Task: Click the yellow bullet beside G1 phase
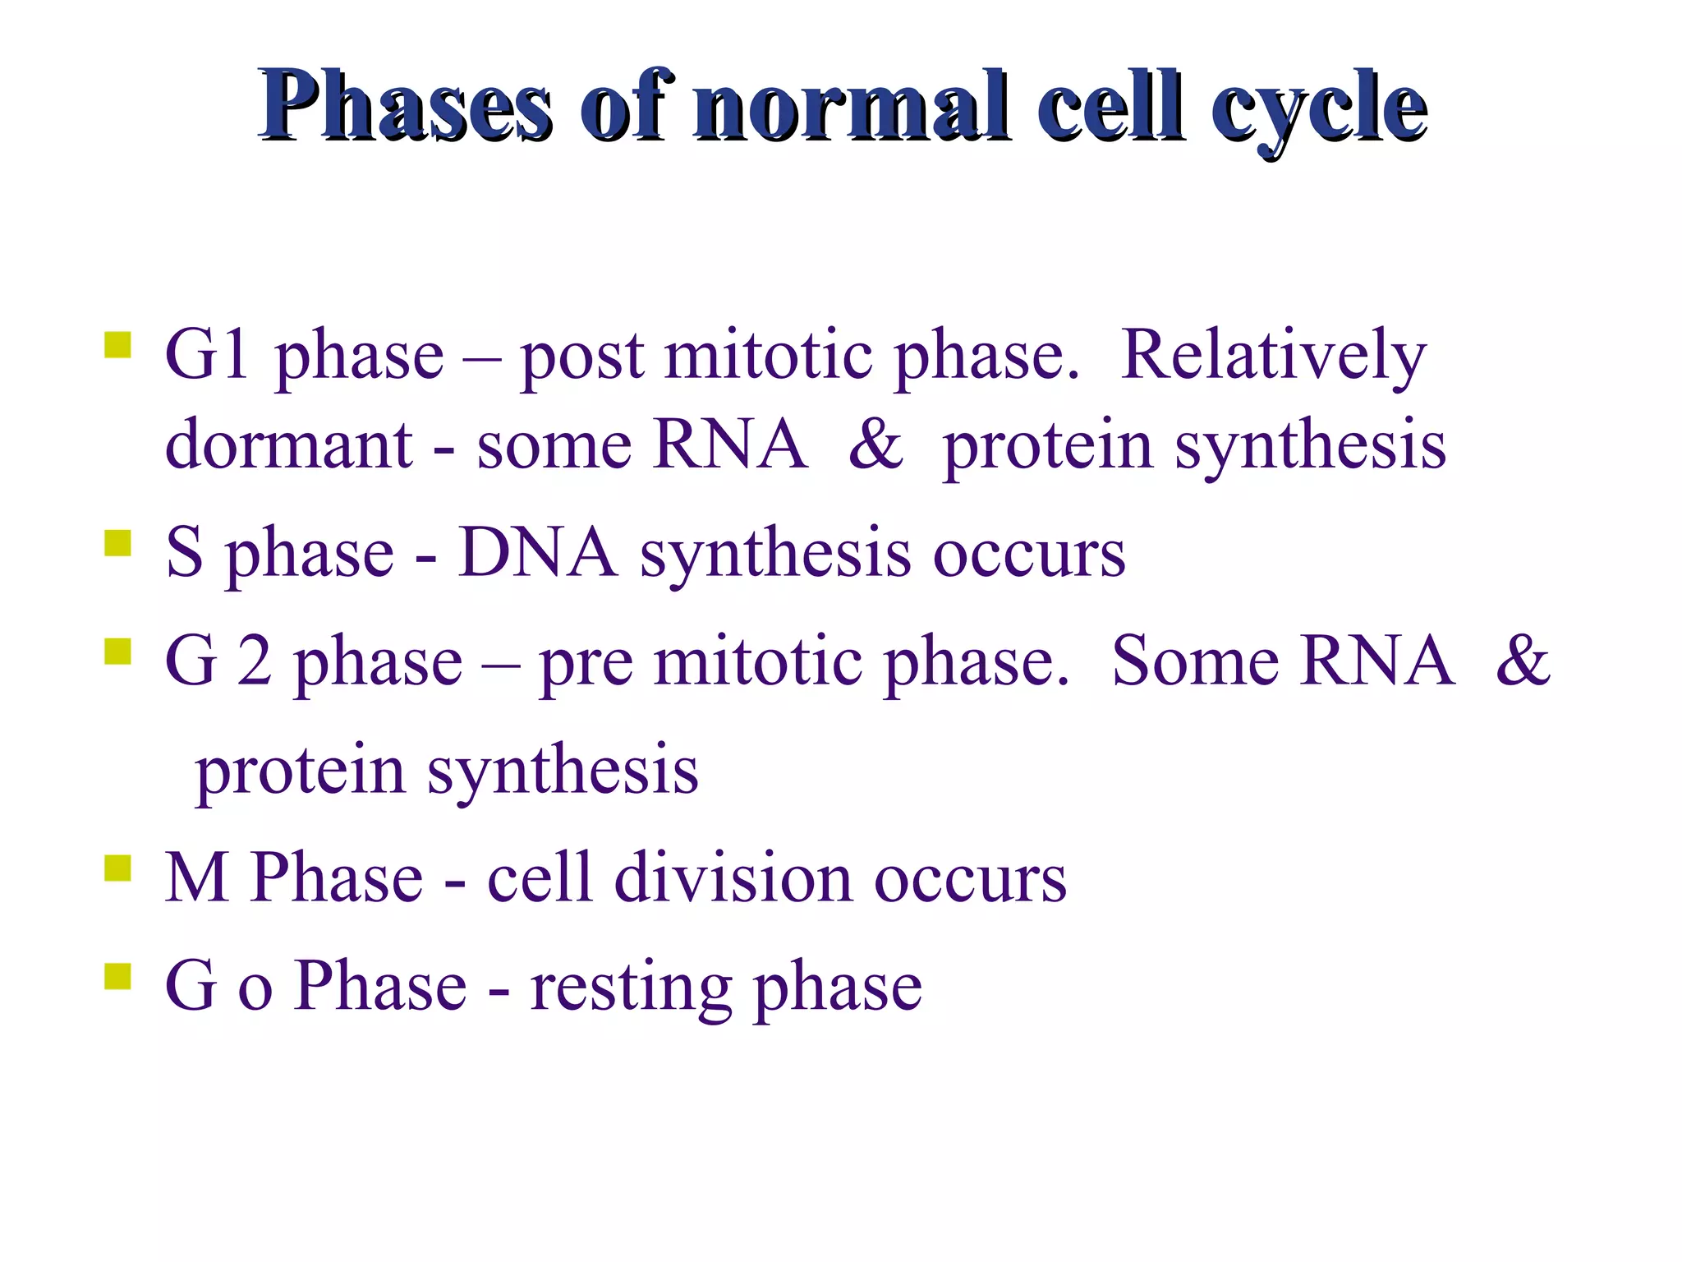[117, 345]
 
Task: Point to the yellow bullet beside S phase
[117, 543]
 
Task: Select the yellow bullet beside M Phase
[117, 868]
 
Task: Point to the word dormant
[288, 445]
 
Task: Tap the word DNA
[537, 554]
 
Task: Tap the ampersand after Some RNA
[1522, 661]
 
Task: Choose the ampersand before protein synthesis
[875, 445]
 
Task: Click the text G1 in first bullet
[207, 356]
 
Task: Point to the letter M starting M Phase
[196, 878]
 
